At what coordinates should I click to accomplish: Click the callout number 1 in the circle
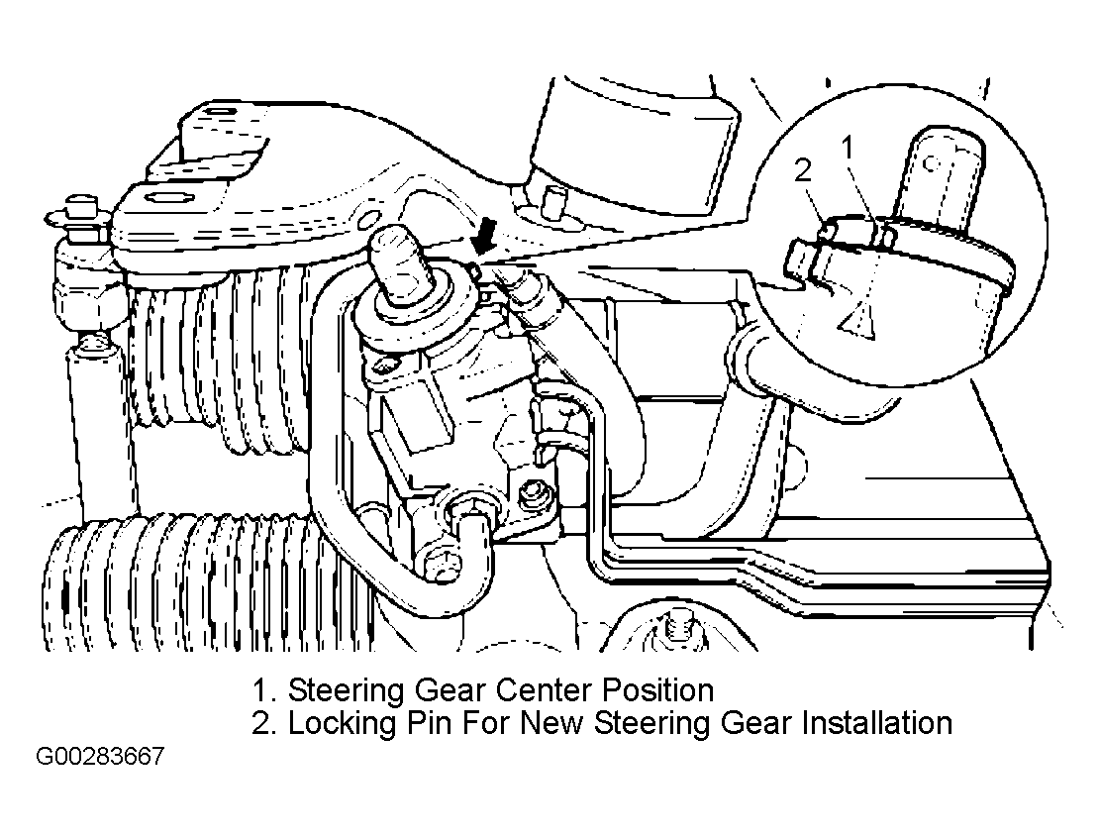(x=849, y=148)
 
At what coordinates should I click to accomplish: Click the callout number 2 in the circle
(x=804, y=170)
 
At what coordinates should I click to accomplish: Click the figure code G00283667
(x=100, y=757)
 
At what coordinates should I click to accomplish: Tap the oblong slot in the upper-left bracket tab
(x=218, y=112)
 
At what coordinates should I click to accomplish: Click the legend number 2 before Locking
(x=263, y=723)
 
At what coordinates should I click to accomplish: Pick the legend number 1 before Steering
(x=263, y=690)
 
